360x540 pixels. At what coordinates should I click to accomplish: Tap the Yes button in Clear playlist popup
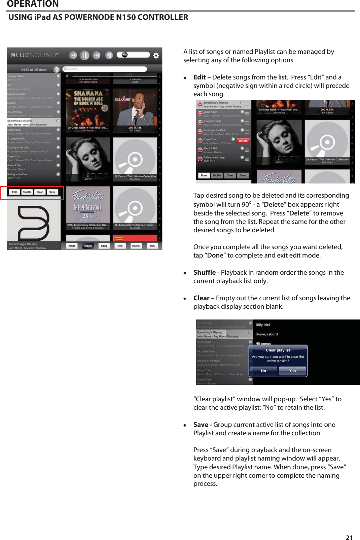(x=292, y=371)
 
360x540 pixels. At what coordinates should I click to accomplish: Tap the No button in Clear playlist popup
(x=263, y=371)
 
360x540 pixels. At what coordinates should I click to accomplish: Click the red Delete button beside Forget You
(x=243, y=141)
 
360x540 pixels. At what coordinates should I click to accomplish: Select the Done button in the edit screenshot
(x=204, y=175)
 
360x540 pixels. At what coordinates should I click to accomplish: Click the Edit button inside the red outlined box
(x=14, y=192)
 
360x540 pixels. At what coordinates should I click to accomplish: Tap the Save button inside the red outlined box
(x=52, y=192)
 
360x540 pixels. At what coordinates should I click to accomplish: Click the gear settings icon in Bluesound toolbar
(x=156, y=56)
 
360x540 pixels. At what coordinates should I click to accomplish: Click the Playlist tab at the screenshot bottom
(x=136, y=246)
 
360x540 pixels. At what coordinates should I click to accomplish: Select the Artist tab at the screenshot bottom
(x=72, y=246)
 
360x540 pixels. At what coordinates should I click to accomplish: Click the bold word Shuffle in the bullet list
(x=205, y=272)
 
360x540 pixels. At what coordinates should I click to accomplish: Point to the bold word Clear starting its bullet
(x=201, y=298)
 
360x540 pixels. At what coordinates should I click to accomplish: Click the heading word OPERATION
(x=33, y=4)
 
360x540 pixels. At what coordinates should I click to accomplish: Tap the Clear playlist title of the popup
(x=278, y=350)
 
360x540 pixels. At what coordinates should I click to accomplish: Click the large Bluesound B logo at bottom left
(x=33, y=220)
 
